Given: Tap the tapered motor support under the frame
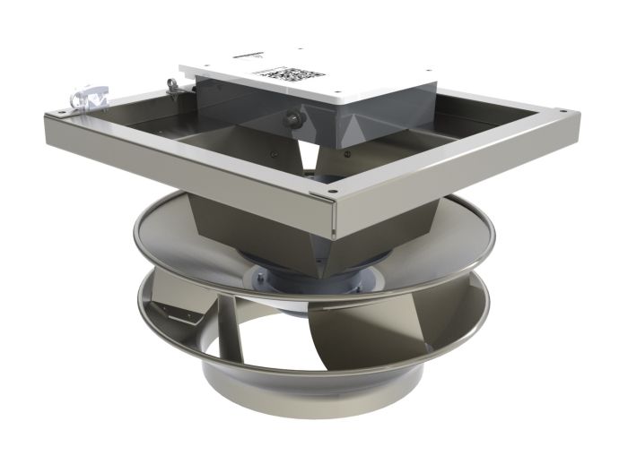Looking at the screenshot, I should pos(269,228).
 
